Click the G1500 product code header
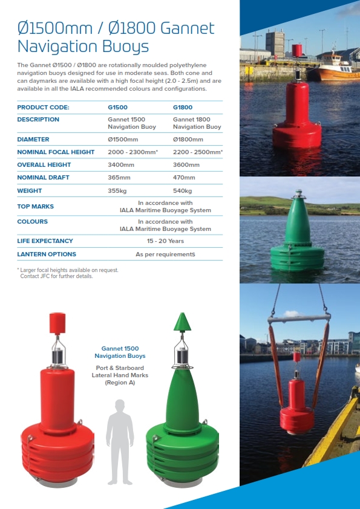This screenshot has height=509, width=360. [117, 108]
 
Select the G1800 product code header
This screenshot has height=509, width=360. [183, 108]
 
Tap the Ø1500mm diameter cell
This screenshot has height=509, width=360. [123, 139]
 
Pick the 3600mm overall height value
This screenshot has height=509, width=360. [186, 164]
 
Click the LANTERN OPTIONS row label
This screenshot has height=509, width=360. [47, 254]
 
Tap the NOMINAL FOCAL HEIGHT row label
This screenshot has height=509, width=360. [56, 152]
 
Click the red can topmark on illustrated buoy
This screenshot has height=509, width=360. [57, 323]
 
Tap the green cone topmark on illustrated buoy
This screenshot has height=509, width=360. [182, 322]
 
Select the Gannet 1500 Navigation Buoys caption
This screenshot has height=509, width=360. [120, 352]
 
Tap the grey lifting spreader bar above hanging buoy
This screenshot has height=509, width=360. [299, 317]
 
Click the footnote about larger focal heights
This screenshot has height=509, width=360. [68, 273]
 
